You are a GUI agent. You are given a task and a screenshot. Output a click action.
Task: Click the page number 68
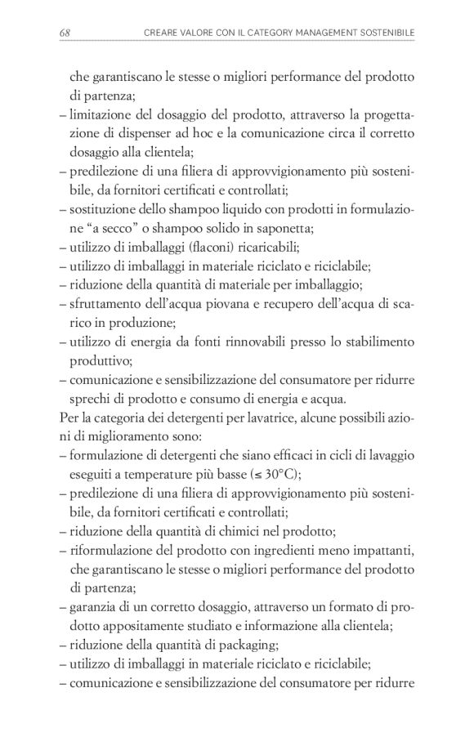65,32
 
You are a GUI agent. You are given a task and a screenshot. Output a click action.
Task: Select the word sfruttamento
108,304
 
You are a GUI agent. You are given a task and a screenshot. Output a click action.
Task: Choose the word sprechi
90,399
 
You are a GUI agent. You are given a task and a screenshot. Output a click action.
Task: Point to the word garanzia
94,608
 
